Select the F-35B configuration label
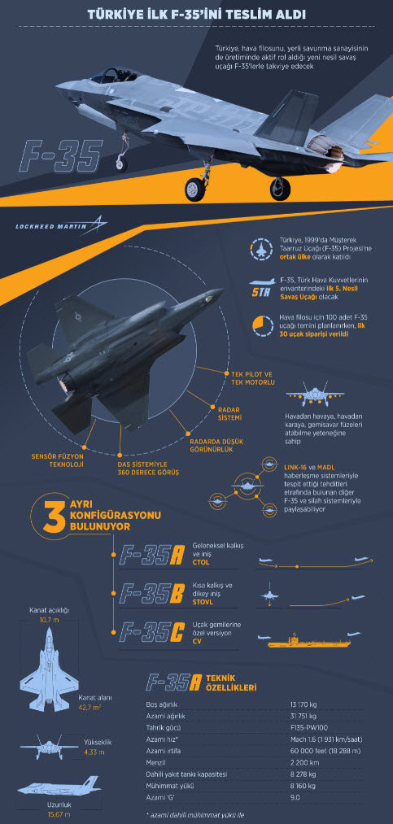click(152, 592)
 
